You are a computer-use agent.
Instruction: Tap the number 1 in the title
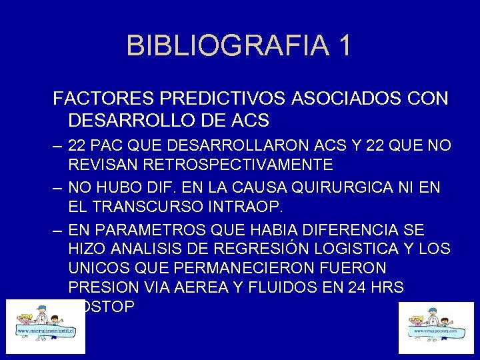(x=343, y=46)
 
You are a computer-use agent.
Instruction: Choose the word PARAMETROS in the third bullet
(x=151, y=230)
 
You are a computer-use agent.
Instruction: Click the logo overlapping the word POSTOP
(x=45, y=326)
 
